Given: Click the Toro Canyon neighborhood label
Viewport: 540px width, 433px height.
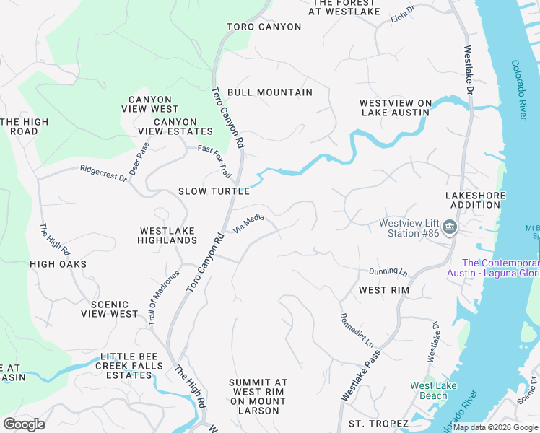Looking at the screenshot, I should point(264,27).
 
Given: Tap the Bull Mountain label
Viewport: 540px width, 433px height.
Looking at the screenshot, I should point(270,92).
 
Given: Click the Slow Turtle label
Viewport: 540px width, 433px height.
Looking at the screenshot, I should point(214,191).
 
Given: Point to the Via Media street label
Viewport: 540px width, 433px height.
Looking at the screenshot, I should point(248,224).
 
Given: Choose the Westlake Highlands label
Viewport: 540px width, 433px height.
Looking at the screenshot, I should point(167,235).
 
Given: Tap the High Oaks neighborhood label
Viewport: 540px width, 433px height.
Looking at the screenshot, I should point(58,264).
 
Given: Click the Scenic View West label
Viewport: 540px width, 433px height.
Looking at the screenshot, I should point(109,310).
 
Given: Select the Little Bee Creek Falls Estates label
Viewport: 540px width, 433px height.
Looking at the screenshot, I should point(132,367).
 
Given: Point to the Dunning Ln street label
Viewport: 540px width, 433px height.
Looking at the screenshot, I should point(388,271).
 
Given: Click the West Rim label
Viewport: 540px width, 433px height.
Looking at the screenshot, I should point(384,290).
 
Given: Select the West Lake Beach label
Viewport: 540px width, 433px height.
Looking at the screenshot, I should point(433,390).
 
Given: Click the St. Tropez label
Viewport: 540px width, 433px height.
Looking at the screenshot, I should point(378,423).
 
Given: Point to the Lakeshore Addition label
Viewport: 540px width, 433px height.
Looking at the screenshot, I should point(473,200).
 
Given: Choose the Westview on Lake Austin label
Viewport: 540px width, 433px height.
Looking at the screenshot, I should point(396,108).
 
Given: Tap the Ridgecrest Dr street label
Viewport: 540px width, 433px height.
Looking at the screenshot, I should point(103,173).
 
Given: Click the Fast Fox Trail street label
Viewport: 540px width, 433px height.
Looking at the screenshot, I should point(214,161).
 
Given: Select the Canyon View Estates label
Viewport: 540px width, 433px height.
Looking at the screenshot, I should point(175,127).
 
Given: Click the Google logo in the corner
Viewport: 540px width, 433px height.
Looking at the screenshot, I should point(24,424).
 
